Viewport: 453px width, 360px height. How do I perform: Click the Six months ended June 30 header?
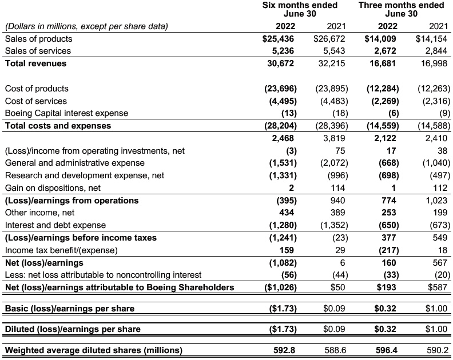click(300, 9)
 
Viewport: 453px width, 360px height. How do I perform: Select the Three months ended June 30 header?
click(402, 9)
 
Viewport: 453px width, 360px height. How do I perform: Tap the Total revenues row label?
click(35, 63)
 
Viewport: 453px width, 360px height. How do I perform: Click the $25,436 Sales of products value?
click(278, 39)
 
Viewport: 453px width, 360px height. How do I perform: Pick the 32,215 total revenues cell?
click(331, 63)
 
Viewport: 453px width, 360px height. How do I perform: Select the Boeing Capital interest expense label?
click(66, 113)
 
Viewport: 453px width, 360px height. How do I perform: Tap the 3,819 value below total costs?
click(334, 138)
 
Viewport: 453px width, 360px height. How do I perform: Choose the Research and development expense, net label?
click(84, 175)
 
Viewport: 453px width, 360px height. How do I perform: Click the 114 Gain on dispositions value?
click(337, 188)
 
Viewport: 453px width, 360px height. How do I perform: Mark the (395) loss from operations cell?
click(287, 201)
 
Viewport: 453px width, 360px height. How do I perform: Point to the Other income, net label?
click(39, 213)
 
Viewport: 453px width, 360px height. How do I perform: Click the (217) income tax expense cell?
click(388, 250)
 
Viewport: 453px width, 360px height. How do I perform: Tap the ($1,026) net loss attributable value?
click(280, 287)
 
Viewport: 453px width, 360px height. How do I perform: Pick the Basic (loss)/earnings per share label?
click(70, 309)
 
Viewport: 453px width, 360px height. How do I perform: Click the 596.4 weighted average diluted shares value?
click(386, 350)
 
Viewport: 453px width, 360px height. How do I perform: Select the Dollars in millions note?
click(86, 26)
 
